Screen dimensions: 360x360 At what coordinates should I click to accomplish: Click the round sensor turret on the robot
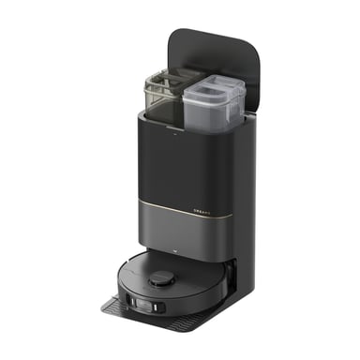162,277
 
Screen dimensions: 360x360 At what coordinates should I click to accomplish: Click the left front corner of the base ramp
103,307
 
